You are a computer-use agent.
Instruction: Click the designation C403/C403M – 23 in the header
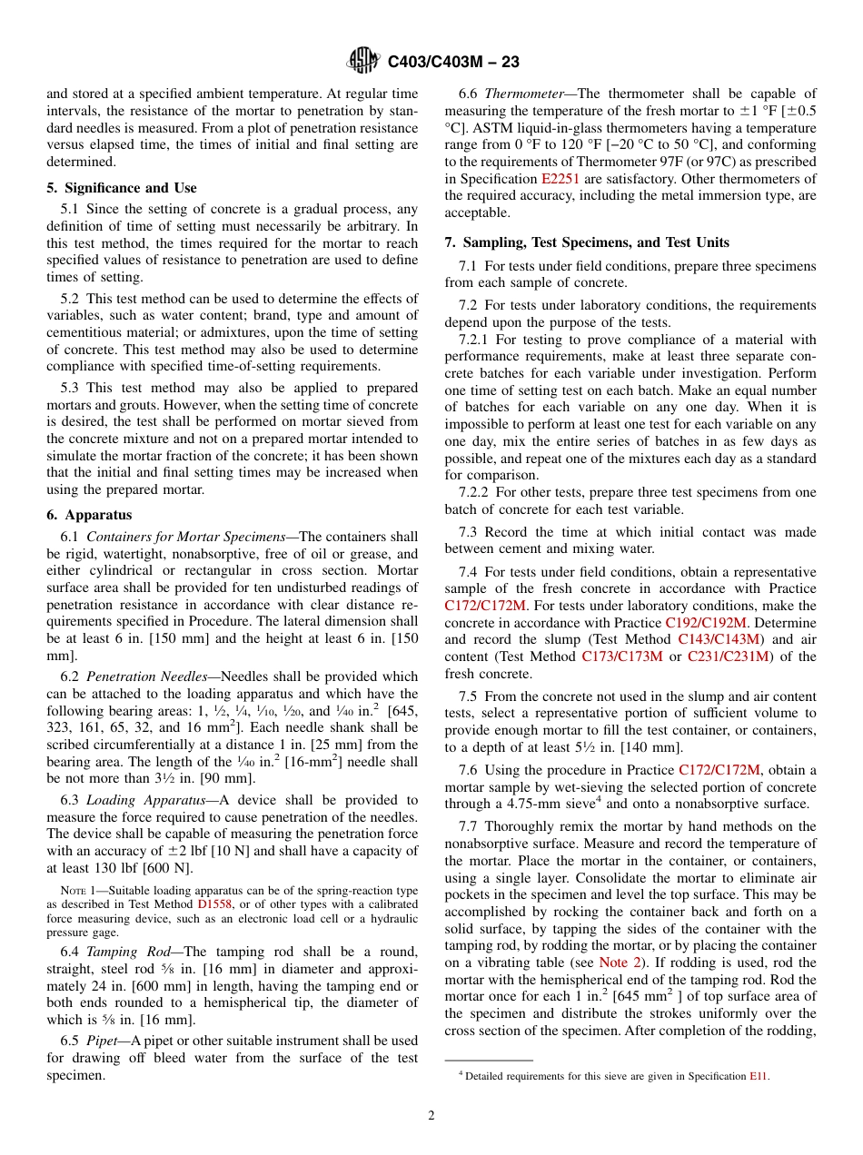click(453, 63)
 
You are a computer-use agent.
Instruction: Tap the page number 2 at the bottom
click(431, 1116)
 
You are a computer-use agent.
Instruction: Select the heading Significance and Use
click(128, 188)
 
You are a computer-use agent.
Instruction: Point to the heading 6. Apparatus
click(90, 515)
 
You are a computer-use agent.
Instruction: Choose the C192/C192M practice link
click(706, 622)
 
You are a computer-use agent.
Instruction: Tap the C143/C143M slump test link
click(719, 639)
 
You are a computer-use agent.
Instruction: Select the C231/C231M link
click(728, 656)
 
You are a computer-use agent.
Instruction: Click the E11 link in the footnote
click(759, 1076)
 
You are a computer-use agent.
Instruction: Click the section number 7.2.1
click(478, 340)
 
